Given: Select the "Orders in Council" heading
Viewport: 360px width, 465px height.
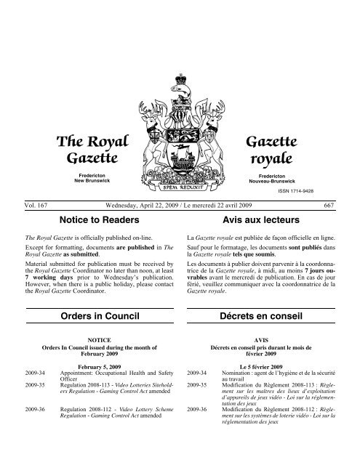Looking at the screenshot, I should (x=90, y=317).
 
